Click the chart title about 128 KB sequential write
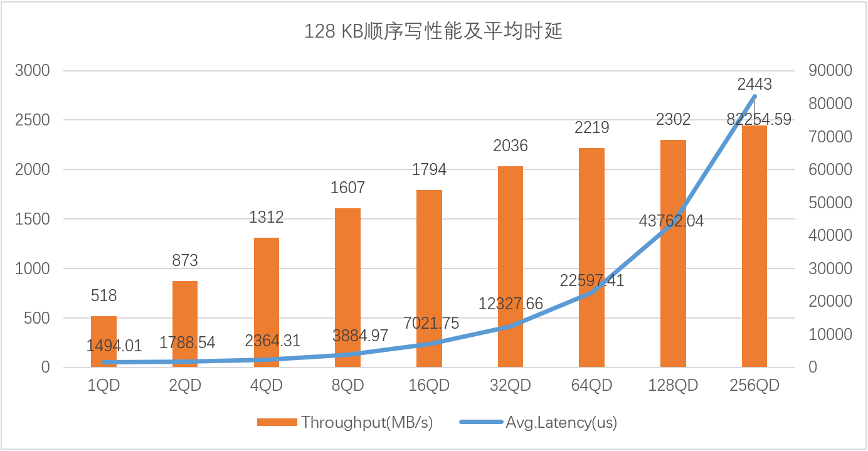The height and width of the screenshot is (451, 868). (x=433, y=31)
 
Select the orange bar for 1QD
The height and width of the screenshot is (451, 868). (x=103, y=342)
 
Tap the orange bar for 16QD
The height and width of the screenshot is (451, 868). (x=429, y=279)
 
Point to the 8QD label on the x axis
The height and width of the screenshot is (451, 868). (x=347, y=385)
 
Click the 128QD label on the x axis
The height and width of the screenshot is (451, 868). (x=673, y=385)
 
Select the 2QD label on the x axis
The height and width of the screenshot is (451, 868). (x=185, y=385)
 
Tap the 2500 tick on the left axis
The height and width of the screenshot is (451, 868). (x=33, y=120)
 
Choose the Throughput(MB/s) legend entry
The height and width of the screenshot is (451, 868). (x=366, y=422)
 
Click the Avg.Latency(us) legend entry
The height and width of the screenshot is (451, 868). (x=561, y=422)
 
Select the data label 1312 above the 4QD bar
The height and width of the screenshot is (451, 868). (x=266, y=217)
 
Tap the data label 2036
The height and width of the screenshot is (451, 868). (x=510, y=146)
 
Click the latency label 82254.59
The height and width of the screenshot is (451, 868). (x=758, y=119)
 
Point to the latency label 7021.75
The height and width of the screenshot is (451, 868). (x=430, y=324)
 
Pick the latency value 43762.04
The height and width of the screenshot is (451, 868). (x=671, y=221)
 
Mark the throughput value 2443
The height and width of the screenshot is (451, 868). (x=754, y=83)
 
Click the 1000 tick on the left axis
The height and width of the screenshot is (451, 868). (x=33, y=268)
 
